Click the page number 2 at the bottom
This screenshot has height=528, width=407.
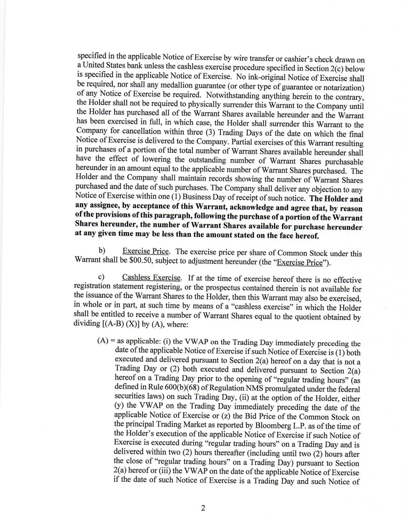tap(203, 508)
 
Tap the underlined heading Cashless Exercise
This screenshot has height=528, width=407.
tap(151, 277)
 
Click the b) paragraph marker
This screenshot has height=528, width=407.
tap(102, 251)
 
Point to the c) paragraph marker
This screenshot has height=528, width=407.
tap(101, 277)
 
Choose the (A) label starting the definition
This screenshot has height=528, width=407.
tap(102, 341)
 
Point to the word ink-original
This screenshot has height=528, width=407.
tap(264, 77)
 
